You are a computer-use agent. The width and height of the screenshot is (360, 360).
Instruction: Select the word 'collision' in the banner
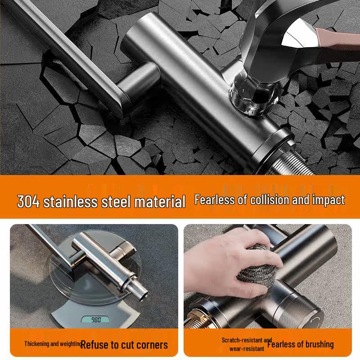coord(264,200)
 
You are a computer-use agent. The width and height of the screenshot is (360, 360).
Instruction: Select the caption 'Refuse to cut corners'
coord(124,345)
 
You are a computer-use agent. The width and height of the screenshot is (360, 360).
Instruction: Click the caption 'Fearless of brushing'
coord(301,344)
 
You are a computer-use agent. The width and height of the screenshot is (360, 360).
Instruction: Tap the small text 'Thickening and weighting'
coord(53,344)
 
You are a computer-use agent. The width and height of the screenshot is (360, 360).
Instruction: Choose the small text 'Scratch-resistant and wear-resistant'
coord(247,344)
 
